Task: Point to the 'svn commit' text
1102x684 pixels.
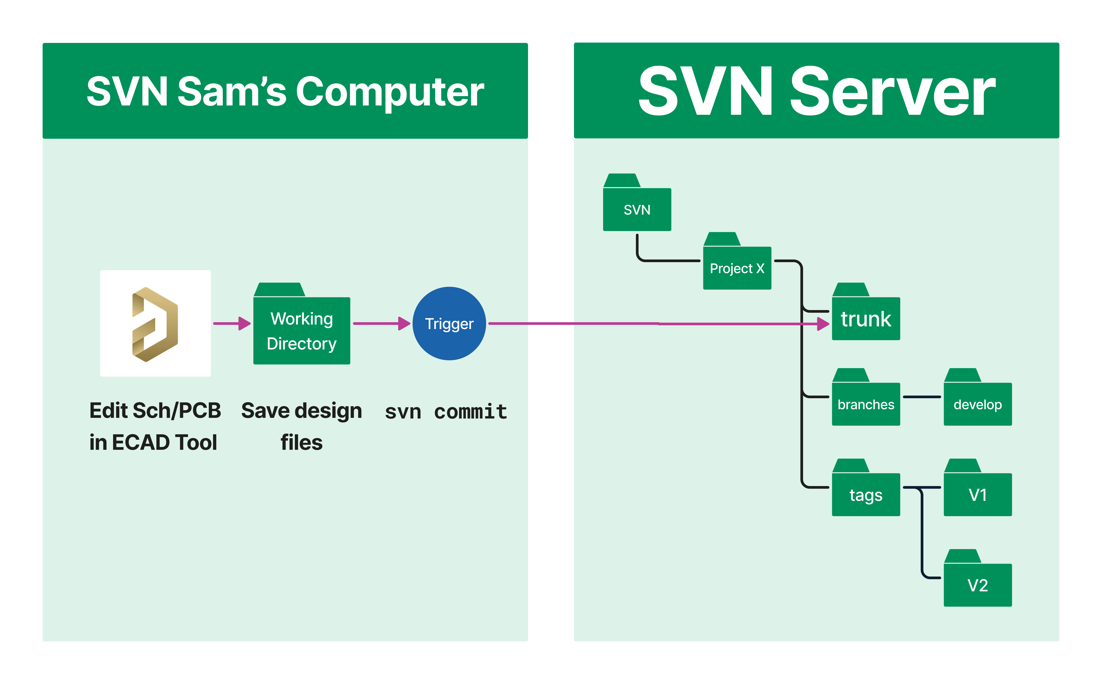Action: pyautogui.click(x=446, y=412)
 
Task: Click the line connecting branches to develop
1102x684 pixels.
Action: pyautogui.click(x=921, y=397)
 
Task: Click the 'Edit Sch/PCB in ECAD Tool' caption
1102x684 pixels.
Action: pyautogui.click(x=155, y=426)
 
